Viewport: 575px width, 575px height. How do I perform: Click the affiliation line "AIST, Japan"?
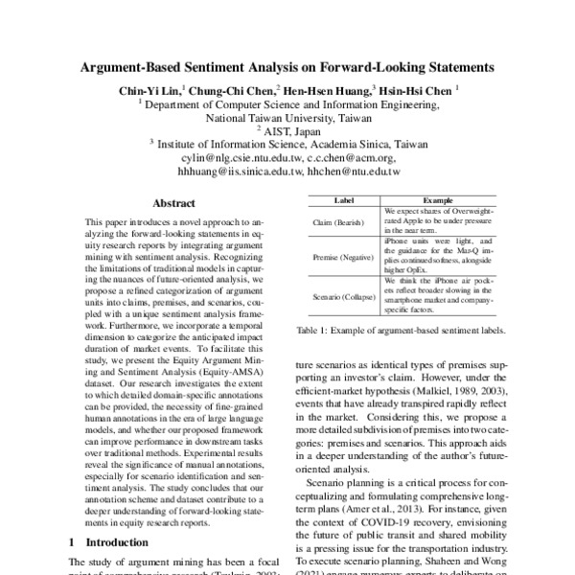(x=288, y=131)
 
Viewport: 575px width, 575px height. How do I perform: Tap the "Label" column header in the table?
(x=342, y=200)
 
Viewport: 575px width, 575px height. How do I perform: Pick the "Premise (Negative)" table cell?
(x=342, y=258)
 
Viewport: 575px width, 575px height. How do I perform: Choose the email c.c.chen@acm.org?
(x=351, y=157)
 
